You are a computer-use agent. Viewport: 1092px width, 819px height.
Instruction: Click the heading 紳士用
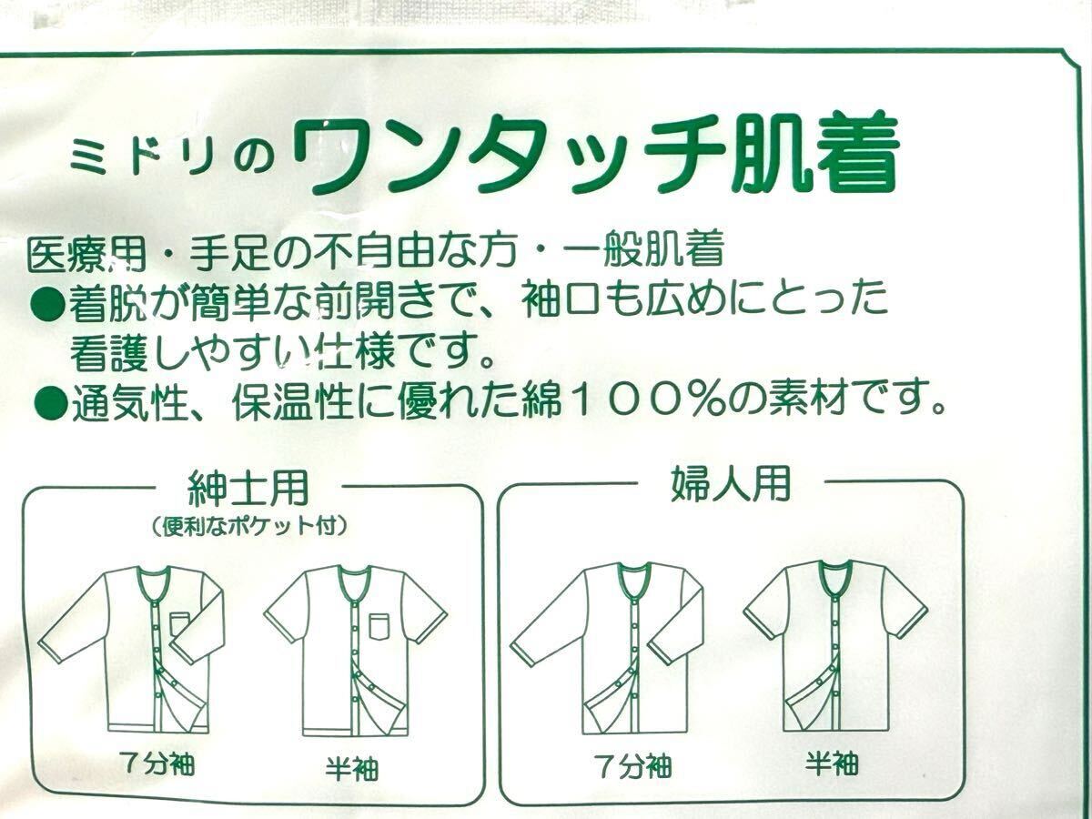(x=248, y=490)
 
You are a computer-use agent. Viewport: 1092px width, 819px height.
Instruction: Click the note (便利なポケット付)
(x=249, y=526)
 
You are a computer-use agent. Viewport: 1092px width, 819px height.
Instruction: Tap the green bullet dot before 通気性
(x=47, y=399)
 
